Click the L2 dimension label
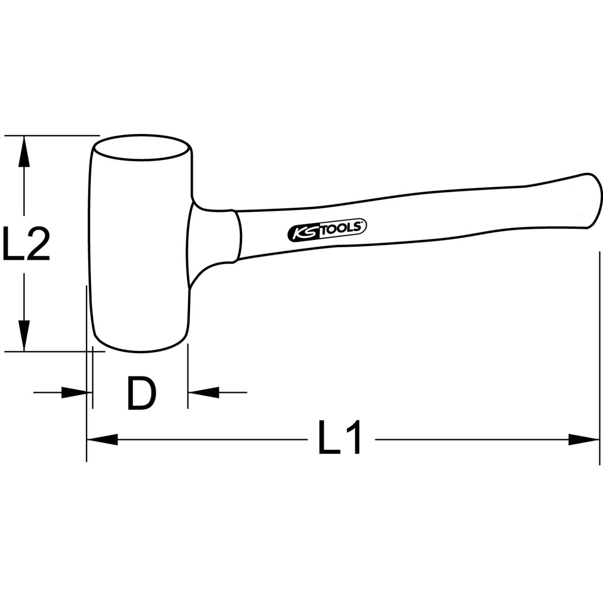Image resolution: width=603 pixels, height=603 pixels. tap(26, 244)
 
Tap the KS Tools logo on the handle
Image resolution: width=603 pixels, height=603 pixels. tap(327, 230)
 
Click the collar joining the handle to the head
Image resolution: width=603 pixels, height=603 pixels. tap(236, 236)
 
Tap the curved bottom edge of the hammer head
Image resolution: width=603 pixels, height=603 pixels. tap(140, 349)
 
